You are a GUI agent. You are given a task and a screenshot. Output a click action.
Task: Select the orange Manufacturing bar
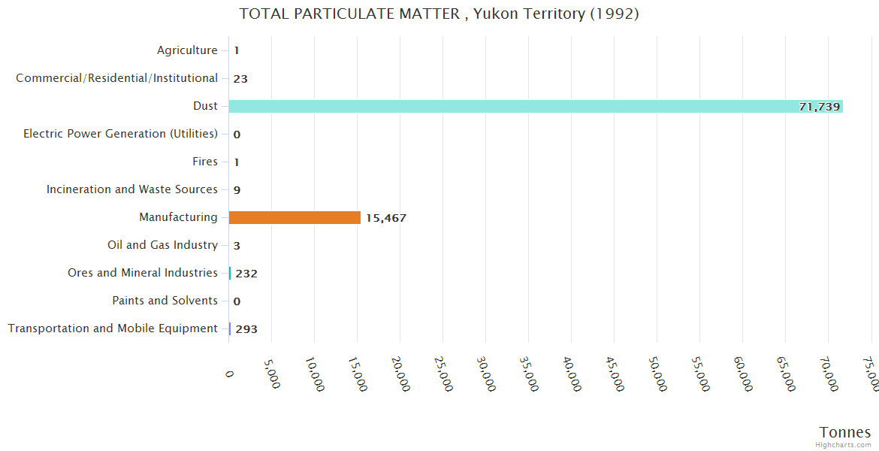pos(295,217)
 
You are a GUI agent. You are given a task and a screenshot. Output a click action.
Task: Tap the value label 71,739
pos(819,107)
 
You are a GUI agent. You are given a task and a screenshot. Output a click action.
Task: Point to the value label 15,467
pos(386,218)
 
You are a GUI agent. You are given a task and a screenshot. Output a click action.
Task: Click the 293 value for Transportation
pos(246,329)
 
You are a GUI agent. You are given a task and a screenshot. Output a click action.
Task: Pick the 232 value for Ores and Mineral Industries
pos(246,274)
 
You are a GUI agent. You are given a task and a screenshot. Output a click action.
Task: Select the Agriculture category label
pos(187,50)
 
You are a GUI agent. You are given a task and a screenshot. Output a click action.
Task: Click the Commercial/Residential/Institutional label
pos(117,78)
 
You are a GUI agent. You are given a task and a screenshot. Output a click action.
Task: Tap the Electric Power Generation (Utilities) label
pos(120,134)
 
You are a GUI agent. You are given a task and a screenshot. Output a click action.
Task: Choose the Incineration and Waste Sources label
pos(132,189)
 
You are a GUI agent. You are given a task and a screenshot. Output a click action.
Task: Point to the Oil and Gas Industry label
pos(163,245)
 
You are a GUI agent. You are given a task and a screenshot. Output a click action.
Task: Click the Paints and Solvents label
pos(165,301)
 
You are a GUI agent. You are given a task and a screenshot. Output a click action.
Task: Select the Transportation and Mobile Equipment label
pos(113,328)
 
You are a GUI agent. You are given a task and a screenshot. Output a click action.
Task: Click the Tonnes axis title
pos(845,432)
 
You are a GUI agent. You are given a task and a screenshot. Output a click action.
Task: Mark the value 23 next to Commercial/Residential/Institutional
pos(240,79)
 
